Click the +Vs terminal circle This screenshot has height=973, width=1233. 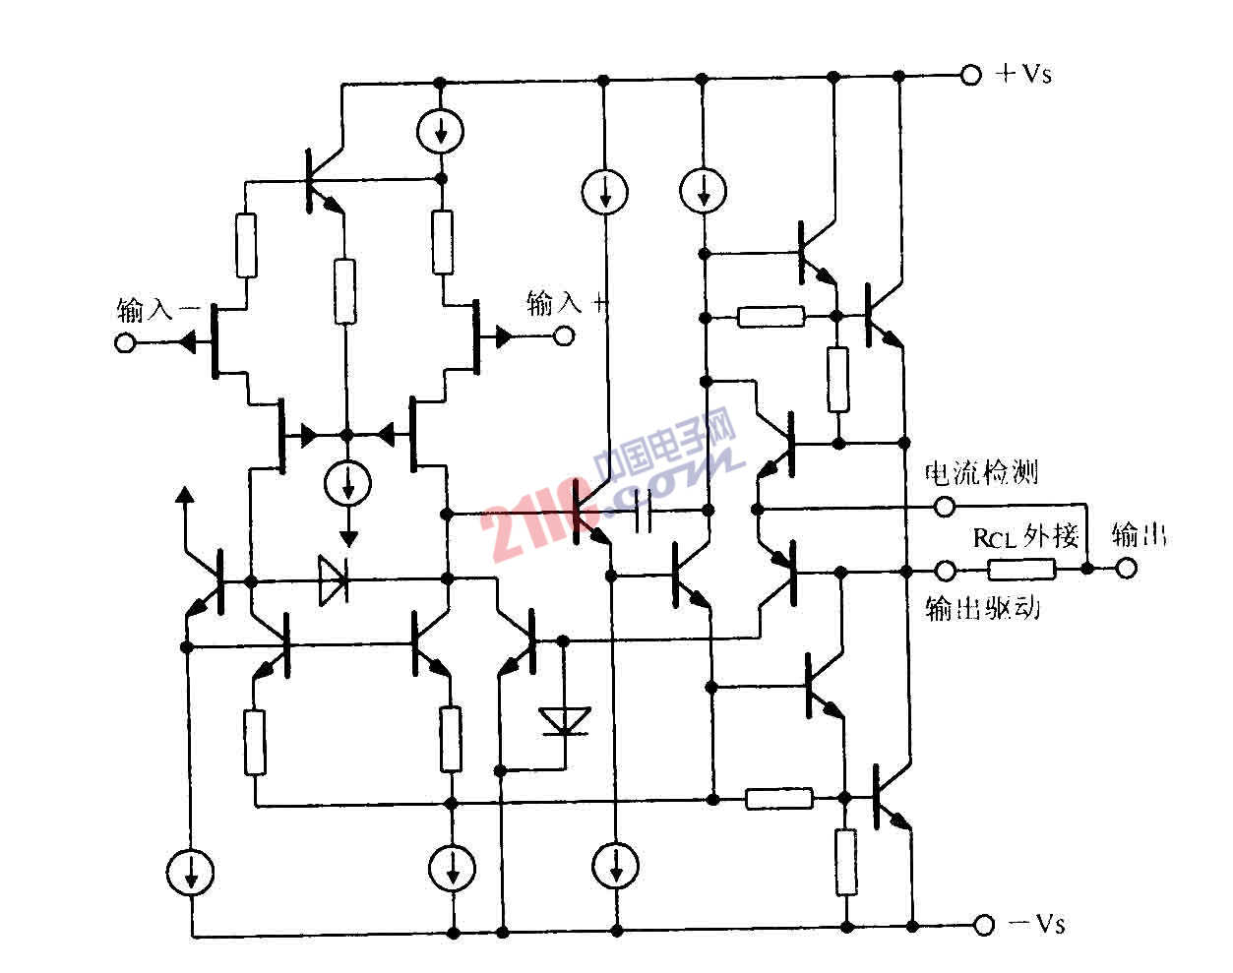click(x=970, y=75)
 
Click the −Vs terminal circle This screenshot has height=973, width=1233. click(x=982, y=925)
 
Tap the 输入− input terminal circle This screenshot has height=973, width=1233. click(x=125, y=342)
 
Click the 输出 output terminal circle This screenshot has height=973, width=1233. click(x=1127, y=569)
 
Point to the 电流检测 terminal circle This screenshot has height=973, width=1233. click(x=944, y=508)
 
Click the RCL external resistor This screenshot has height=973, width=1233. click(x=1022, y=569)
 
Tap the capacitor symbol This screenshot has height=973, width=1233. click(x=644, y=511)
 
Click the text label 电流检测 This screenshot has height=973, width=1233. click(x=981, y=473)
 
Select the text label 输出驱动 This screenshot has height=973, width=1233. click(x=983, y=609)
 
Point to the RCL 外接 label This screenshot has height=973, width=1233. click(x=1025, y=537)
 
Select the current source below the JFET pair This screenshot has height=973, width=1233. click(x=346, y=482)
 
